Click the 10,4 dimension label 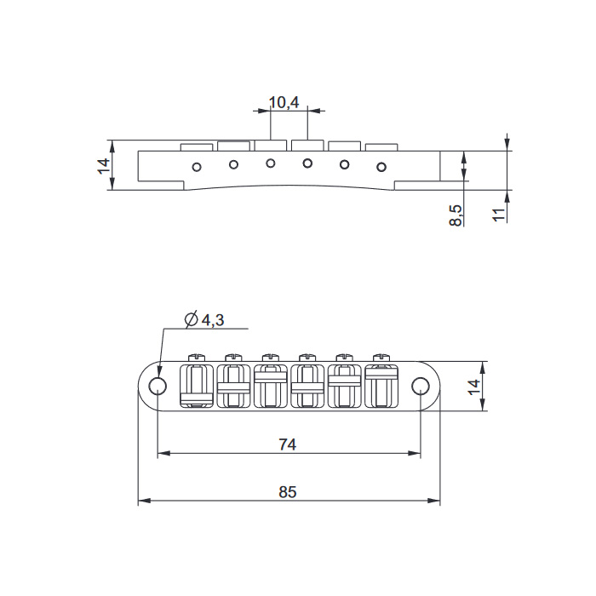pos(284,102)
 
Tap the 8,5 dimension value pos(456,215)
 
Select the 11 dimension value pos(499,215)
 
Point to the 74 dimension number pos(288,444)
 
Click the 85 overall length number pos(288,492)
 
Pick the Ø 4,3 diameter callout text pos(204,319)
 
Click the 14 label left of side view pos(104,166)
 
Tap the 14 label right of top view pos(474,387)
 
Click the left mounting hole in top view pos(158,387)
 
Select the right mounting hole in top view pos(421,387)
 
